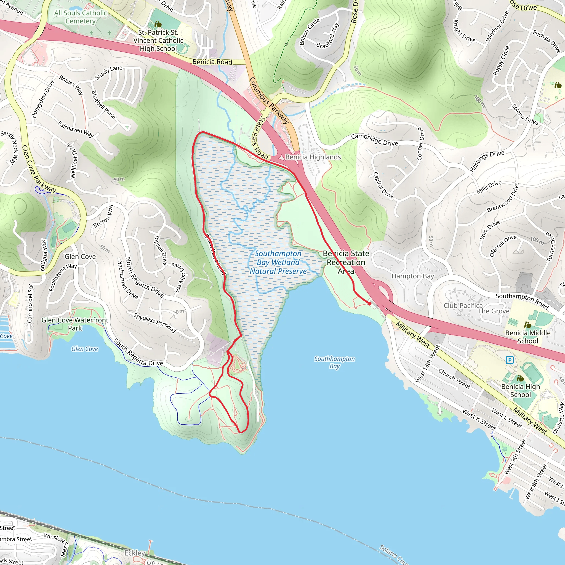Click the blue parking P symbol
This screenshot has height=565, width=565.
(x=510, y=360)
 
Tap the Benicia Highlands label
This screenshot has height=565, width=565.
(x=313, y=157)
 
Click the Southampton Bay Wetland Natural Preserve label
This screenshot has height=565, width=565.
(x=278, y=262)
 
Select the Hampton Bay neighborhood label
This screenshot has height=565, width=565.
(x=413, y=276)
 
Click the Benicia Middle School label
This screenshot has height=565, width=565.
(x=527, y=337)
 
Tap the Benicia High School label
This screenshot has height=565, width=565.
(x=520, y=390)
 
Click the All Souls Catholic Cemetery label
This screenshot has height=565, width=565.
(x=81, y=17)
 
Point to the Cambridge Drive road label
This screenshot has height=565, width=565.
(x=374, y=140)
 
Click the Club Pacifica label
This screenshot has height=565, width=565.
(x=463, y=306)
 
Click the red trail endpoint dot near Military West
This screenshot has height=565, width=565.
(x=370, y=304)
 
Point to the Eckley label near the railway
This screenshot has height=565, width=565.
(x=135, y=553)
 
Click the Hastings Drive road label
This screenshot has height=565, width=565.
(x=487, y=161)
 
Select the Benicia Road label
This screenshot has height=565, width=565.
(x=212, y=62)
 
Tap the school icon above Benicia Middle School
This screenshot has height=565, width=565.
(x=527, y=325)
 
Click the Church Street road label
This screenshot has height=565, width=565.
(x=454, y=379)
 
